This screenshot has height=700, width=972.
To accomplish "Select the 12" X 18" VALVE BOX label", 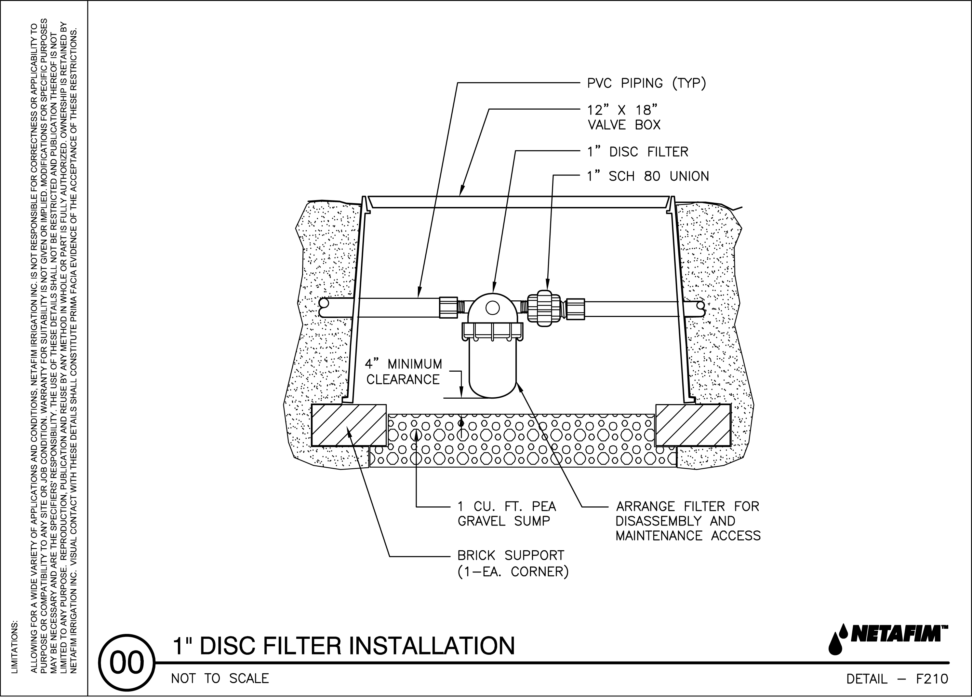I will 624,117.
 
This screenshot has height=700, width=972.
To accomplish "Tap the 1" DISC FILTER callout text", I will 637,152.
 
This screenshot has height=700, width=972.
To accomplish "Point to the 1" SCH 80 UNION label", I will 647,176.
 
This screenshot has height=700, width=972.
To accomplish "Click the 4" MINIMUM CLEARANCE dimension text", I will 403,372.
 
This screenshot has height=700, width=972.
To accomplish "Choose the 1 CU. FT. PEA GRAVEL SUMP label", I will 507,514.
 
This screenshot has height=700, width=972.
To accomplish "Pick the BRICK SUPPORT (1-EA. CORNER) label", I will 513,564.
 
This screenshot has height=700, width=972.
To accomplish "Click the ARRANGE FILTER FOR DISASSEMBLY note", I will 688,521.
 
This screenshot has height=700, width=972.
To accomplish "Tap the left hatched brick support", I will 348,425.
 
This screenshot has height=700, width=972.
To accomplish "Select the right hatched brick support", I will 693,425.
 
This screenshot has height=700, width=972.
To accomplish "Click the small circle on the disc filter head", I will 492,307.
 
